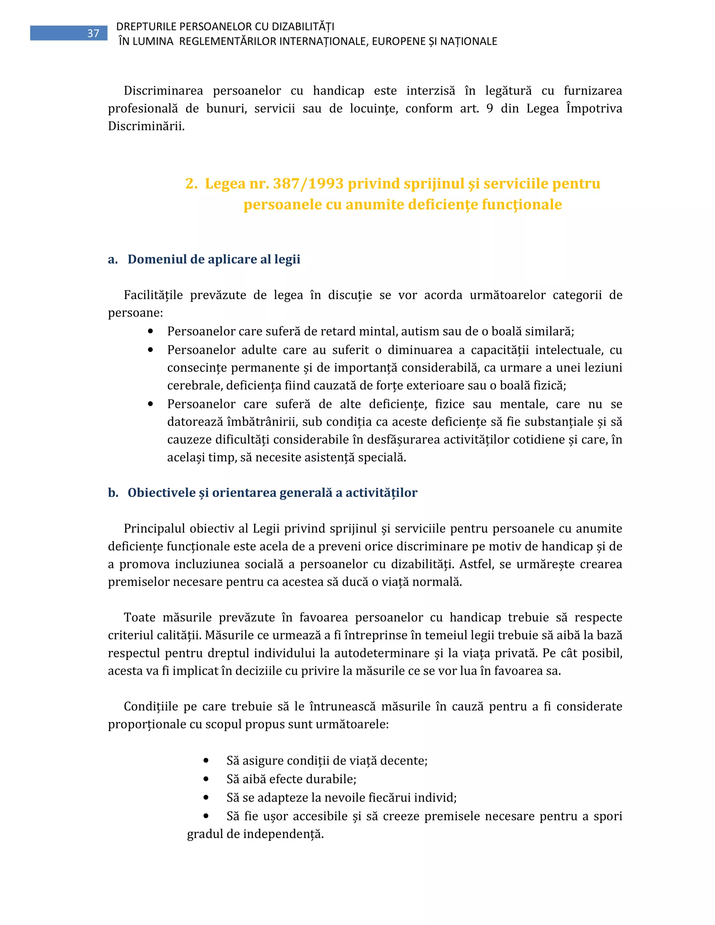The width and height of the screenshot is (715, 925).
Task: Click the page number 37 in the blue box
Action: tap(93, 34)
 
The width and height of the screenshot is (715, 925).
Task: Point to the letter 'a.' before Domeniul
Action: tap(113, 259)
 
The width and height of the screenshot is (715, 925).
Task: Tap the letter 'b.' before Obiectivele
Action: tap(113, 493)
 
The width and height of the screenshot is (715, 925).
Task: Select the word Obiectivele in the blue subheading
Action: tap(161, 493)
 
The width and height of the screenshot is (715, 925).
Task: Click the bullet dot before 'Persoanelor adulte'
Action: tap(150, 350)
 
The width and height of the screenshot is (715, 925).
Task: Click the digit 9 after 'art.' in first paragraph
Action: tap(490, 109)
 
